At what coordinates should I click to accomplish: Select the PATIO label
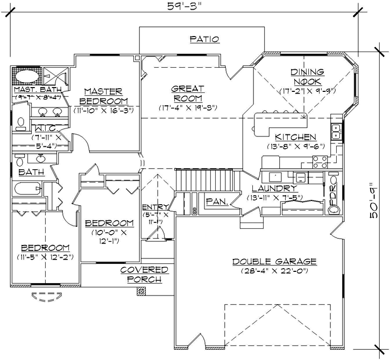(x=204, y=39)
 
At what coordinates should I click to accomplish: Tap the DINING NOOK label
(x=307, y=76)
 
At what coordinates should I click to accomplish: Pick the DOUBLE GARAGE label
(x=274, y=262)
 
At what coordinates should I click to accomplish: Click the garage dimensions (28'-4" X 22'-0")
(x=274, y=272)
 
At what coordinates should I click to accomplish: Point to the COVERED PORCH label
(x=144, y=275)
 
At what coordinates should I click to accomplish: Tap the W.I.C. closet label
(x=34, y=129)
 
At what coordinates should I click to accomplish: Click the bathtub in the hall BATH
(x=27, y=189)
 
